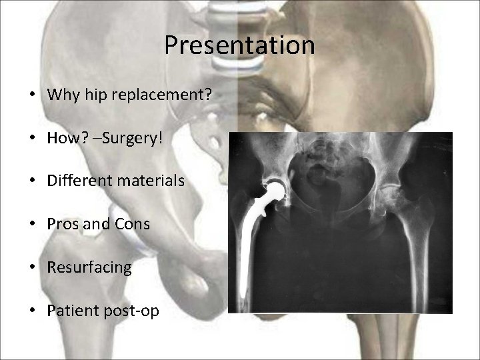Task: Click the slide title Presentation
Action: click(x=239, y=45)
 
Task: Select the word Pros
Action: click(x=62, y=224)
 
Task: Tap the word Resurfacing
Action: click(x=89, y=267)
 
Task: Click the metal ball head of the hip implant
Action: click(x=275, y=189)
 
